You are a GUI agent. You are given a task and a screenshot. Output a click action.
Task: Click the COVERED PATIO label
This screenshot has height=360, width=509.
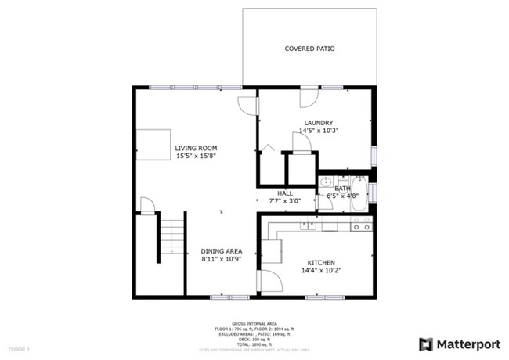click(x=309, y=49)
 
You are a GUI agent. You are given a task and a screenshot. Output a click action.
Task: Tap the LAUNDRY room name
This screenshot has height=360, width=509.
click(x=319, y=123)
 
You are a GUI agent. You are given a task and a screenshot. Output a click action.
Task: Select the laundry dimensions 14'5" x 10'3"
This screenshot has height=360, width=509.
click(x=319, y=131)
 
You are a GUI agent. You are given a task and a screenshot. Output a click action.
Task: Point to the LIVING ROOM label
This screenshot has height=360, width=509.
click(x=196, y=148)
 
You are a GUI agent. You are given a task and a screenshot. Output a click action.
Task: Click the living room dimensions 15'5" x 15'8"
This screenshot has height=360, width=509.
click(x=196, y=156)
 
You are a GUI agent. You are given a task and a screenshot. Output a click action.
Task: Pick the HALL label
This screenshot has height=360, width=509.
click(x=285, y=193)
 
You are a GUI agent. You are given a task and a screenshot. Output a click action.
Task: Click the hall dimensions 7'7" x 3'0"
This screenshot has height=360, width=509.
click(x=285, y=200)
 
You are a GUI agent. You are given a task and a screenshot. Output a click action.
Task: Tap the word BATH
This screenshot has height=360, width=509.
click(x=343, y=188)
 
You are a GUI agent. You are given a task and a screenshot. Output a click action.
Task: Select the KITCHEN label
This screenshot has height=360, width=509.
click(x=321, y=262)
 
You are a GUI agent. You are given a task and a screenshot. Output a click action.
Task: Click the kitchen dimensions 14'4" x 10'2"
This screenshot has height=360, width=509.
click(x=321, y=271)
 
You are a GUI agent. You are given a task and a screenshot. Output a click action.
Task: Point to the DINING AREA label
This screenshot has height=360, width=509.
click(x=220, y=251)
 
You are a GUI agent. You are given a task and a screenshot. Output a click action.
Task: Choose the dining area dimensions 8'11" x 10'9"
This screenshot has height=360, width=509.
click(x=220, y=259)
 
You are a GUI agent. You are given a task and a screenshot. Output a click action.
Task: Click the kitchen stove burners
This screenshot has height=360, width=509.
click(x=362, y=226)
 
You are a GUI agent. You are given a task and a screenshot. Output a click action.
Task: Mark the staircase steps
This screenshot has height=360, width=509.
click(x=171, y=235)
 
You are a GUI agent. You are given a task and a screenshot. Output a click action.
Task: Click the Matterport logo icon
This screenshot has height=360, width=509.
click(x=425, y=344)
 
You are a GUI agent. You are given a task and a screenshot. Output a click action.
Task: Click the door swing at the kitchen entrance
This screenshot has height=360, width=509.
click(x=267, y=280)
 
